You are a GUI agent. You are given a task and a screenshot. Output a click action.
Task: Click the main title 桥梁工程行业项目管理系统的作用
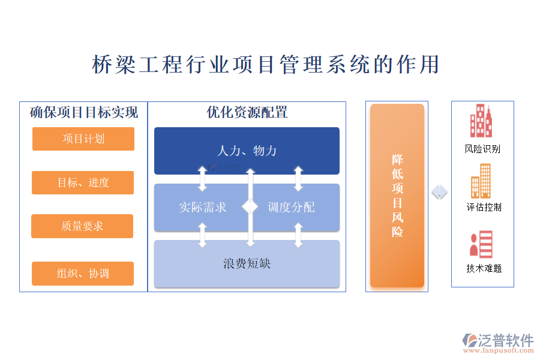(x=266, y=64)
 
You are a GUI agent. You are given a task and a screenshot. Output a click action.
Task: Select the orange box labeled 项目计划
(x=83, y=139)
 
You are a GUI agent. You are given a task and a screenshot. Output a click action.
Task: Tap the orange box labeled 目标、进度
(x=83, y=182)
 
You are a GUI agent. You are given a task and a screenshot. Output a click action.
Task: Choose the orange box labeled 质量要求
(x=82, y=226)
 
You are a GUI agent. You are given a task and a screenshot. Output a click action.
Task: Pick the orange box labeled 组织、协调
(x=83, y=274)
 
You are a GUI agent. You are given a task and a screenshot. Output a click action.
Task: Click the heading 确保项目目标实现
(x=84, y=112)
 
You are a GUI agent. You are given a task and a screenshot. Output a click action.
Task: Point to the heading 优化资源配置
(x=247, y=112)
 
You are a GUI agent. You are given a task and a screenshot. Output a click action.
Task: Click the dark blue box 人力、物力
(x=247, y=150)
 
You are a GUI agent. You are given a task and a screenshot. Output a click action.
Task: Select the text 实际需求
(x=202, y=208)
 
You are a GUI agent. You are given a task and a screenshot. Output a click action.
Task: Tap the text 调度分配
(x=291, y=208)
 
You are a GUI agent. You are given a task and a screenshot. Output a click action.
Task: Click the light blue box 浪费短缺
(x=247, y=263)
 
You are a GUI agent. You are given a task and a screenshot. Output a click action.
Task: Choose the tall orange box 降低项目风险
(x=397, y=196)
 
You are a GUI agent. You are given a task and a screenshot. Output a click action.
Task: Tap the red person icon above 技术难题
(x=481, y=244)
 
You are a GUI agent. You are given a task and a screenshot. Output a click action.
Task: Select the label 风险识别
(x=482, y=149)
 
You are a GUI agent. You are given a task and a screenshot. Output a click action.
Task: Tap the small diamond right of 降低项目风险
(x=440, y=192)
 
